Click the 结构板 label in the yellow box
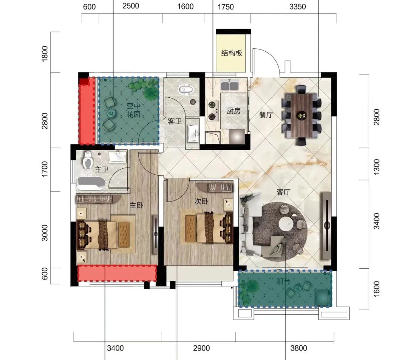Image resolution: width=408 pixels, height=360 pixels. coord(232,53)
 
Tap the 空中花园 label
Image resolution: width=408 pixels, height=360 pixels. coord(133,110)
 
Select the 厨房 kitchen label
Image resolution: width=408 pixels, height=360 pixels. coord(233,111)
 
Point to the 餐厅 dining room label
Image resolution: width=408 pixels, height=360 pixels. coord(266,115)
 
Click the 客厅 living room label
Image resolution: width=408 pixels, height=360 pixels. coord(283,192)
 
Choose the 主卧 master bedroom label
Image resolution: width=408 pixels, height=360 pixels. coord(136,205)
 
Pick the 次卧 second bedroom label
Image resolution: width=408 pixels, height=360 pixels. coord(201,201)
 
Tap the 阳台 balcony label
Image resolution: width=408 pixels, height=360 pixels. coord(283,281)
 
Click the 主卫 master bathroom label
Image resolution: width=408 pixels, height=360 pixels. coord(102,169)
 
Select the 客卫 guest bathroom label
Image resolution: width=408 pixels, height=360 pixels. coord(175,122)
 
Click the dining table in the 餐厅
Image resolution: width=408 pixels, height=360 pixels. coord(301,115)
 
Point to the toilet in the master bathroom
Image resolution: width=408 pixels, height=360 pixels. coord(88,160)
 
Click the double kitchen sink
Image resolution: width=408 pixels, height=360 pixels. coord(230,85)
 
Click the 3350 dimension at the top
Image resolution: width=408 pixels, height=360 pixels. coord(297,6)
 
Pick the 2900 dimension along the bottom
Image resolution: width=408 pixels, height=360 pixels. coord(201,348)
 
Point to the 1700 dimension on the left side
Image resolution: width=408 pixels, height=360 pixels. coord(45,169)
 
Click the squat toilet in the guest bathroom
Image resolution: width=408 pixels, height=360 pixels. coord(186,89)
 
